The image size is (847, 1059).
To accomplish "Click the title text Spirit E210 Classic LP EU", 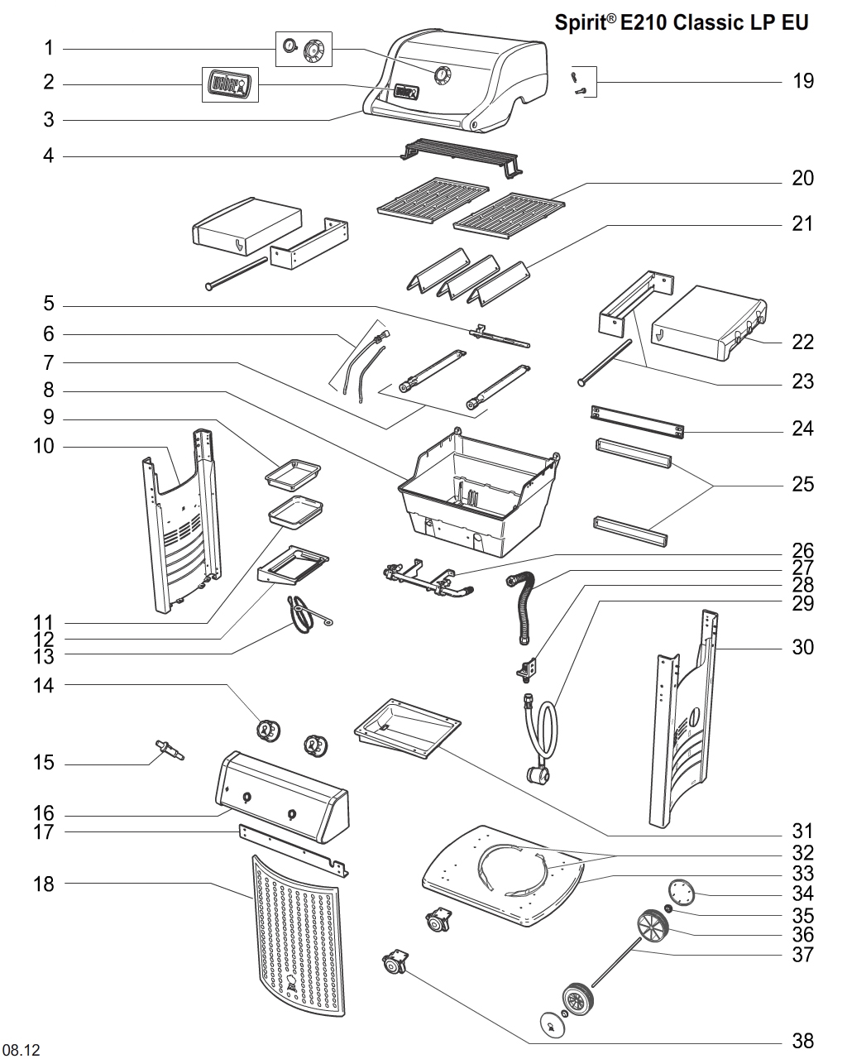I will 681,22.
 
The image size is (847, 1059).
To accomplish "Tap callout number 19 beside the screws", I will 802,81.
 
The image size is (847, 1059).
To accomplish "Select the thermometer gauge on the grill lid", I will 443,75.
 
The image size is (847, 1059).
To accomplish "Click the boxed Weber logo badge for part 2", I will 230,84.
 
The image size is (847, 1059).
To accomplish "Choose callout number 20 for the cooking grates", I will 802,178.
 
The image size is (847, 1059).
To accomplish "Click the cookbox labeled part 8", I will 476,492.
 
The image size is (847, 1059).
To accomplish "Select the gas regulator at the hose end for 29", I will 539,775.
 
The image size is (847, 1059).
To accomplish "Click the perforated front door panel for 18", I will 296,935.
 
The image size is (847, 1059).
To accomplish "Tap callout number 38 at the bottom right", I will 802,1041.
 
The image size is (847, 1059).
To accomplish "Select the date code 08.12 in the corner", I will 22,1050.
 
